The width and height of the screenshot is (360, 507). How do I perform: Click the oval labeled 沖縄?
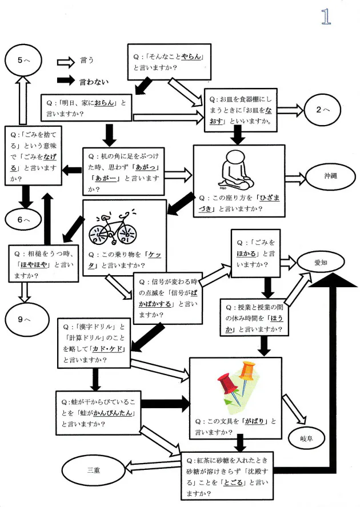pos(330,176)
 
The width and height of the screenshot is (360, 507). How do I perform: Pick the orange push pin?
pos(247,372)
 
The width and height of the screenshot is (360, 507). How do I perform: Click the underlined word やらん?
pos(191,57)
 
